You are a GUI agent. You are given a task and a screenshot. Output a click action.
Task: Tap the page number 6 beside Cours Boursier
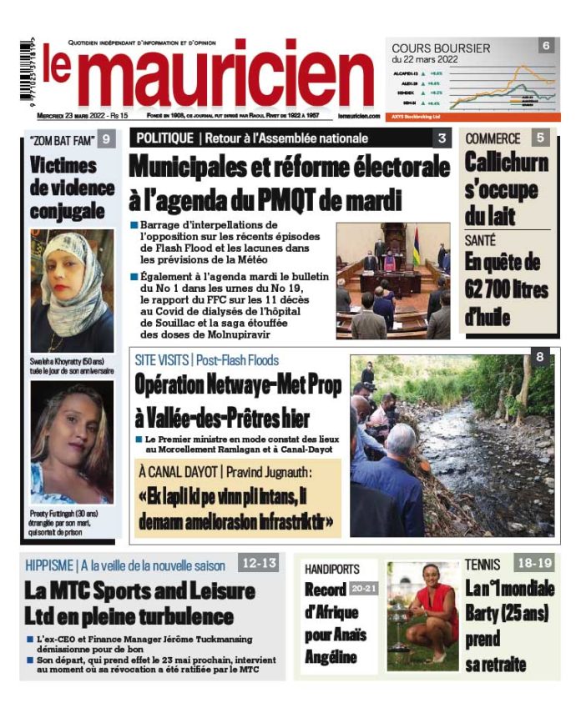click(545, 46)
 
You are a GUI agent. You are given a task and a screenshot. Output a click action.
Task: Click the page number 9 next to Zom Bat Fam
click(105, 139)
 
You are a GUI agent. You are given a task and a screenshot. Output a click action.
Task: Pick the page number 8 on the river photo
click(540, 358)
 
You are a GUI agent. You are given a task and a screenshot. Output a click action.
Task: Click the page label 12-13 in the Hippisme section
click(259, 564)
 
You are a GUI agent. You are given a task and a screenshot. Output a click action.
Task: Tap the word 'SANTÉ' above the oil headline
click(481, 240)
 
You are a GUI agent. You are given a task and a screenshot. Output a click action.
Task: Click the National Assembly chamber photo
click(392, 280)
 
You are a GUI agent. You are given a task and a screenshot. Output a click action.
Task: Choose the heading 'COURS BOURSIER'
click(441, 48)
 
